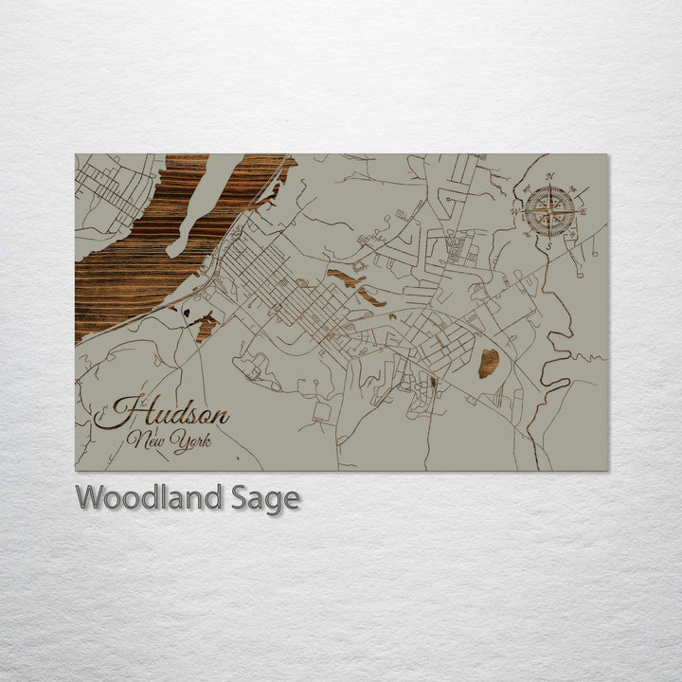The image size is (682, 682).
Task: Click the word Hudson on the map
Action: click(161, 415)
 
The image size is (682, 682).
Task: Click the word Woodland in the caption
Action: click(150, 497)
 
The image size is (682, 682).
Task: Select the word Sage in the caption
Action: click(265, 498)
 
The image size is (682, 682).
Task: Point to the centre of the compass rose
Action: click(549, 210)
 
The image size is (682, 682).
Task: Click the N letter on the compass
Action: click(550, 176)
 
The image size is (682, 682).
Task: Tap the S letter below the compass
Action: click(549, 245)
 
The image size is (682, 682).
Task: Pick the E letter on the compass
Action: click(583, 211)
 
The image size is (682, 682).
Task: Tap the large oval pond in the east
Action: click(489, 363)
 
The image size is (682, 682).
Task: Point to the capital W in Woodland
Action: click(91, 497)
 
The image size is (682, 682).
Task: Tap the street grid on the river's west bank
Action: click(109, 188)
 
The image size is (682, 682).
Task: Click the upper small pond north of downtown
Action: click(346, 278)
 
